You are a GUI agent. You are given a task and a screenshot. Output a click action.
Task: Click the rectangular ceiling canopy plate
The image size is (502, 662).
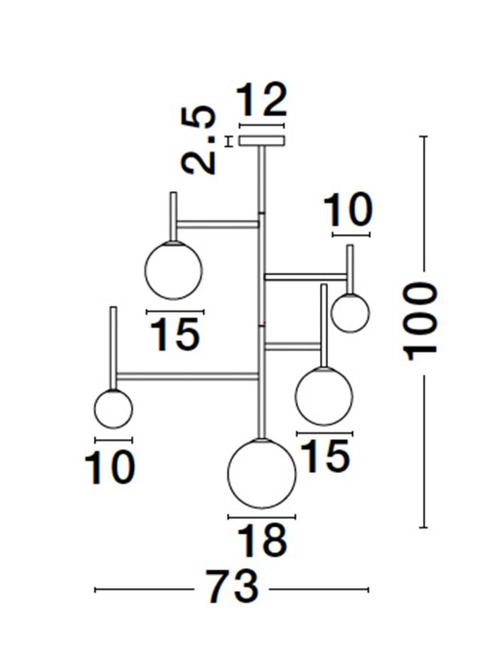coord(262,141)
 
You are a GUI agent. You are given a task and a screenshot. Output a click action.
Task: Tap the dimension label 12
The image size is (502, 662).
coord(262,100)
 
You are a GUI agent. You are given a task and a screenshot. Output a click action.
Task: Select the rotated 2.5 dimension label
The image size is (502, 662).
coord(199,140)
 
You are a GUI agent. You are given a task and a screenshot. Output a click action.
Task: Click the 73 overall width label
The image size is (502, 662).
coord(232,587)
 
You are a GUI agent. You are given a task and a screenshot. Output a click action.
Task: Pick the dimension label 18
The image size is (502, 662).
coord(263,541)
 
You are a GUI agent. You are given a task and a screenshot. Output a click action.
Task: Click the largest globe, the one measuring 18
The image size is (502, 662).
coord(262,474)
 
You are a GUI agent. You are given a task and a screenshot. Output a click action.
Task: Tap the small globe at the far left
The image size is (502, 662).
coord(113,409)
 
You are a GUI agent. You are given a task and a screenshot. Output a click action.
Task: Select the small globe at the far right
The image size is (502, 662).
coord(350,313)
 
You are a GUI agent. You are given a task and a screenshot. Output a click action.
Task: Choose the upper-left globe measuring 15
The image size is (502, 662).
coord(173,270)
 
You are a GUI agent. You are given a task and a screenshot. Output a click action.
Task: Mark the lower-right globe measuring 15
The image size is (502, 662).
coord(324,396)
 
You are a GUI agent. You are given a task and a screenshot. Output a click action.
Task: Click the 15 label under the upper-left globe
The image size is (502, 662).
coord(175,334)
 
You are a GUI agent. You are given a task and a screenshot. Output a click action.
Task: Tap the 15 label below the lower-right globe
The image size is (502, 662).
coord(326,456)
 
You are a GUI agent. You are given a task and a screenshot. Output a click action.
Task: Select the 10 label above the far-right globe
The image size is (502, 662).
coord(348,210)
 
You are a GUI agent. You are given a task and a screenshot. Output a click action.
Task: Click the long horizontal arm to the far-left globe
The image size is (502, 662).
coord(187,376)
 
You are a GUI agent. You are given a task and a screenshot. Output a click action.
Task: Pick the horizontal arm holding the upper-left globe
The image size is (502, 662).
coord(218,224)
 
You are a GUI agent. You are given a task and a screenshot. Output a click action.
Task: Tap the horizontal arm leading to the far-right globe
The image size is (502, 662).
coord(306,277)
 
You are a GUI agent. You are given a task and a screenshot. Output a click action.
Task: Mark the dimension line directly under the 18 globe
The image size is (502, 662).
coord(262,517)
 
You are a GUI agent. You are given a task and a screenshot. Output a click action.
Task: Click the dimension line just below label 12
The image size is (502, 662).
coord(262,125)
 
